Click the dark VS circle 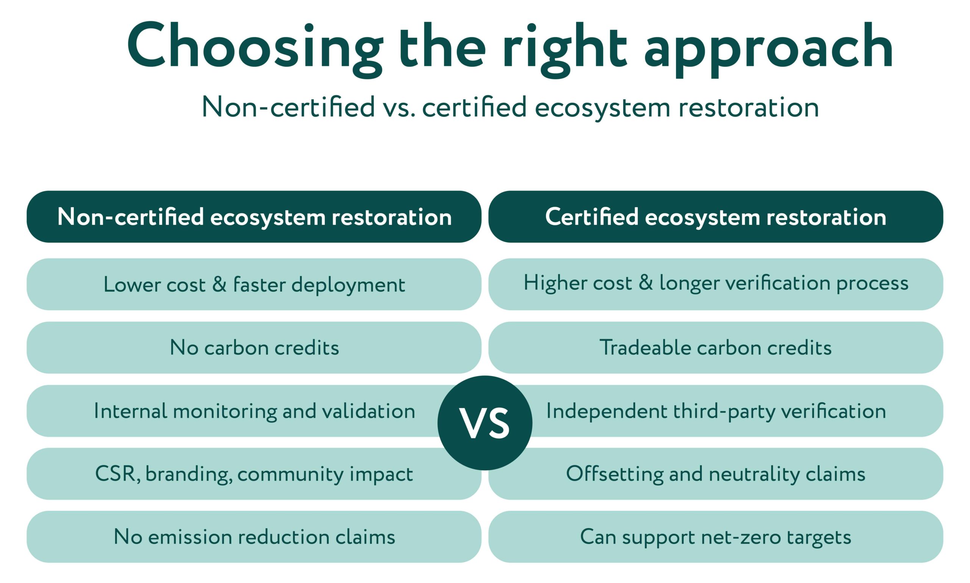click(485, 423)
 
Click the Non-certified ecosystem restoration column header click(254, 217)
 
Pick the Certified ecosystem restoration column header click(716, 217)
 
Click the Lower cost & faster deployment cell click(254, 284)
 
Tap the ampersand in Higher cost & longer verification click(645, 283)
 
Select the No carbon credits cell click(254, 347)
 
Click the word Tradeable click(645, 347)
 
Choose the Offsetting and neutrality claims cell click(716, 474)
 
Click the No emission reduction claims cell click(254, 537)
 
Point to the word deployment click(348, 285)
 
